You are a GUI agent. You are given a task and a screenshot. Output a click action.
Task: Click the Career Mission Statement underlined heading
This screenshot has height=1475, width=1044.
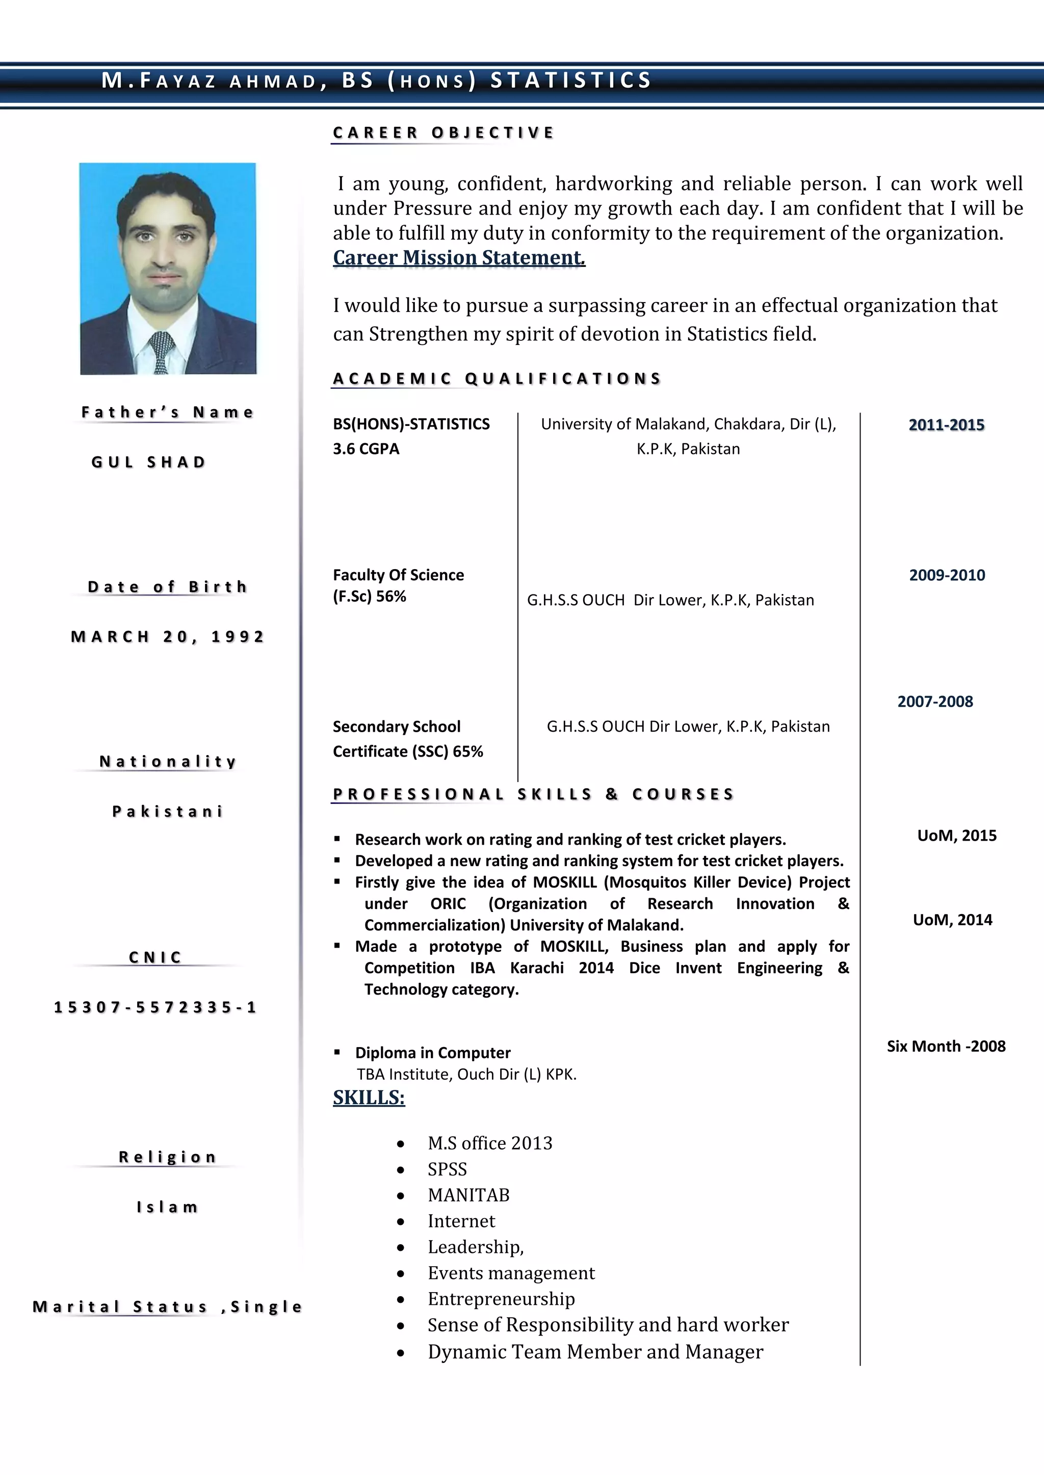pos(458,258)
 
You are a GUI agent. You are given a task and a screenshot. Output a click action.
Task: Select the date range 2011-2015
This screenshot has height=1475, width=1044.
pos(946,424)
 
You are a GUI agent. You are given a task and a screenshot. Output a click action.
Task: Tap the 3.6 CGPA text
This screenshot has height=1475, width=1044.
pos(366,449)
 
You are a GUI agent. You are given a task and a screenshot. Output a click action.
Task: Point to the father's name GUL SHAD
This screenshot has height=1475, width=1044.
pos(148,462)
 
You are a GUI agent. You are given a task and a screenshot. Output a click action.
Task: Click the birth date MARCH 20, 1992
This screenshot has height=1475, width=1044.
pos(167,637)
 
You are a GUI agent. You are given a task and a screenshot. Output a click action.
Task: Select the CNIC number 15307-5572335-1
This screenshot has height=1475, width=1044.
pos(155,1007)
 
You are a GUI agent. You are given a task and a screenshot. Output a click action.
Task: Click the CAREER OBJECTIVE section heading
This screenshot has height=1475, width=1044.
pos(443,133)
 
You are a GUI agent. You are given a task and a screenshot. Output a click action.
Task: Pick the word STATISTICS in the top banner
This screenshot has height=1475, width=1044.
pos(571,81)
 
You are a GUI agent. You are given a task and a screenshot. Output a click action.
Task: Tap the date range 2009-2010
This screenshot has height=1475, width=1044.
pos(946,575)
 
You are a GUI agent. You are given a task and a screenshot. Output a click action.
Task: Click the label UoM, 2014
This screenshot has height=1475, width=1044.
pos(952,920)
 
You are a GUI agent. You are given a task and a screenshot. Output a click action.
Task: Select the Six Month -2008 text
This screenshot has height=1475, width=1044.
pos(946,1046)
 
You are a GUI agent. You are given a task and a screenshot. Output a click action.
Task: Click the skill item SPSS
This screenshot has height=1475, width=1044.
pos(448,1169)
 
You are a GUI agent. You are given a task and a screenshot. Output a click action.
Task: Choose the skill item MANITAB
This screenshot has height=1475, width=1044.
pos(468,1195)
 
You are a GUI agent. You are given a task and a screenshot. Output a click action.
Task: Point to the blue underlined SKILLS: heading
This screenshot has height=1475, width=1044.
pos(369,1097)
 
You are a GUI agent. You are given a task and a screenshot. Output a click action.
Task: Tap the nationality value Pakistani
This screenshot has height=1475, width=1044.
pos(167,812)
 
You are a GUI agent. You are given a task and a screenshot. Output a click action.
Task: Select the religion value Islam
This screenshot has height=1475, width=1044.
pos(167,1207)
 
